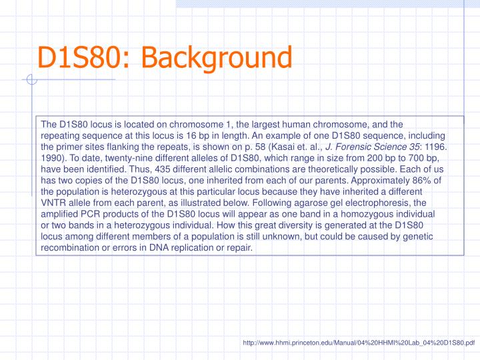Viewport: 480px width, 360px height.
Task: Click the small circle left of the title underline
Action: click(30, 81)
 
